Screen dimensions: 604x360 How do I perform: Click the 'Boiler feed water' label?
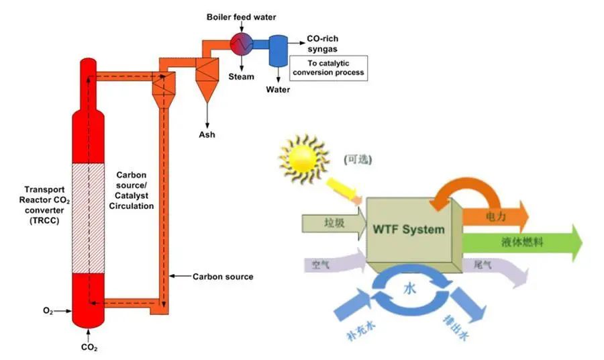[241, 17]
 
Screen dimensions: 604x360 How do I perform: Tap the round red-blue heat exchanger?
[242, 44]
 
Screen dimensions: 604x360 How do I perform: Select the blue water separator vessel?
[278, 51]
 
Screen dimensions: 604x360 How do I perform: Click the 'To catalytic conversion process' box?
[328, 68]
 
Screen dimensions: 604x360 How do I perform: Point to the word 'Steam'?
[241, 77]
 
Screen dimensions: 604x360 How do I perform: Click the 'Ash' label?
[207, 134]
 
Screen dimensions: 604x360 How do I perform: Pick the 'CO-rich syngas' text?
[322, 44]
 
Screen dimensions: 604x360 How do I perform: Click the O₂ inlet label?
[48, 311]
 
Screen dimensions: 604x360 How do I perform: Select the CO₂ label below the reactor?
[89, 347]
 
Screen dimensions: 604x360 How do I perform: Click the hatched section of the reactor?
[88, 218]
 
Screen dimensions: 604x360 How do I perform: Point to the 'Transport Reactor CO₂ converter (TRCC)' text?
[44, 205]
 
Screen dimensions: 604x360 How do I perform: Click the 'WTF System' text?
[409, 229]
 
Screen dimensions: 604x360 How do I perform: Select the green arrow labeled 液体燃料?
[522, 243]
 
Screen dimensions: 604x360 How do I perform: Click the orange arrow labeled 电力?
[495, 216]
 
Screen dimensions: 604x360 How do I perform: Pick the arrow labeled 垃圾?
[334, 223]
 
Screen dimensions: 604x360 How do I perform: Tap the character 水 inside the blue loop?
[409, 287]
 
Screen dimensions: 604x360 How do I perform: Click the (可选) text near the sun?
[358, 159]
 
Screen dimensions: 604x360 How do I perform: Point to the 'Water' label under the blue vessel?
[278, 89]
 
